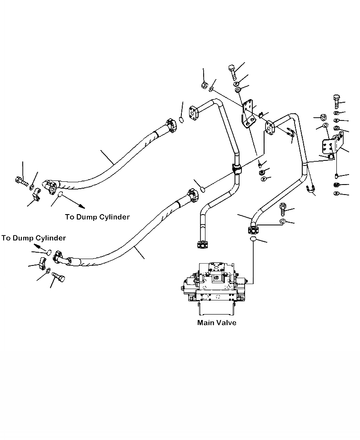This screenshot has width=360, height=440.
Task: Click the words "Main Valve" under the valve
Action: coord(216,323)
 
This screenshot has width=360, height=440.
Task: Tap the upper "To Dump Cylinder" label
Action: coord(97,217)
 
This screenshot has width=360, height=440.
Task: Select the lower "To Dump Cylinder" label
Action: coord(33,238)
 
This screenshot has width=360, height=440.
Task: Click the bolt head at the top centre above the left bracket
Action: coord(232,70)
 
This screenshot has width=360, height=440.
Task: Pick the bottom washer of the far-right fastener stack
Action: coord(336,193)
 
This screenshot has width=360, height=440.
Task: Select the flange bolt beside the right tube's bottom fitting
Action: coord(283,209)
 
